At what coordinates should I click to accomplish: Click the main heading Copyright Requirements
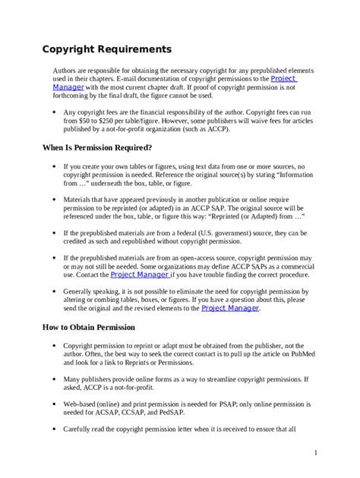(x=106, y=50)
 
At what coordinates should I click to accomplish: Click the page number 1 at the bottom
(x=314, y=453)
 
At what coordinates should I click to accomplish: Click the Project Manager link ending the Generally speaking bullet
(x=230, y=308)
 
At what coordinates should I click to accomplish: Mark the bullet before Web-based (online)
(x=52, y=404)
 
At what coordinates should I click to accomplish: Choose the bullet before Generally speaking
(x=52, y=291)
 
